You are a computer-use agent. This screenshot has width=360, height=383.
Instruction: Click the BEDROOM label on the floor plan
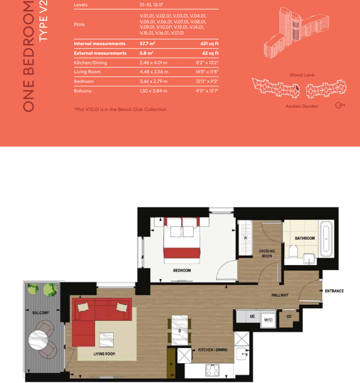tap(182, 270)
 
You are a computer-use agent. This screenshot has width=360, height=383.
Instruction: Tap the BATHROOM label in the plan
tap(305, 239)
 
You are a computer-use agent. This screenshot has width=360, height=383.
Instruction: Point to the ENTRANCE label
tap(334, 291)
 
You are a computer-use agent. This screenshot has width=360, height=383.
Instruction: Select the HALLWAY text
tap(279, 295)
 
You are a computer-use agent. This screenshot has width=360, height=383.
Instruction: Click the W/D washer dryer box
tap(269, 319)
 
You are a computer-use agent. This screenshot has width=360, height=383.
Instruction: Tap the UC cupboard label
tap(253, 316)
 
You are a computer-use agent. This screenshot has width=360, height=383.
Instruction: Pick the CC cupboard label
tap(289, 317)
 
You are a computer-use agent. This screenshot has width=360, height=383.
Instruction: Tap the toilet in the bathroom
tap(294, 250)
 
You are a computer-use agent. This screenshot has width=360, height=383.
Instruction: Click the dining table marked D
tap(179, 330)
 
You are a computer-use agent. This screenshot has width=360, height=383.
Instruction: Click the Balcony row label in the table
tap(82, 91)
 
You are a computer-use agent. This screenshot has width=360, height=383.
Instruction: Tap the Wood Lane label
tap(302, 75)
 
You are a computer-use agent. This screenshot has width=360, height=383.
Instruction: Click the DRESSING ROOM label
tap(265, 253)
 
